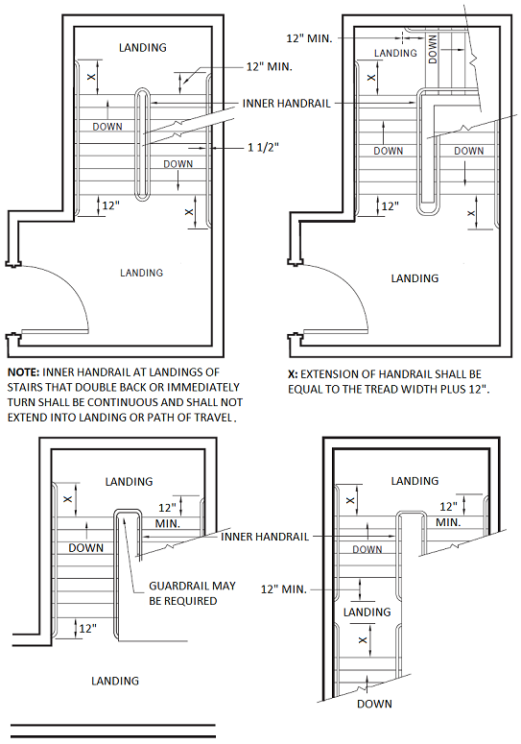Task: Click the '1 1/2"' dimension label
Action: point(263,148)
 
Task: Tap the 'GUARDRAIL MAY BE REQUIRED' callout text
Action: point(193,593)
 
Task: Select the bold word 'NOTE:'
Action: point(23,372)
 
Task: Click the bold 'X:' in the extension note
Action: point(293,373)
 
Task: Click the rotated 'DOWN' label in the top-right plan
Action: point(433,49)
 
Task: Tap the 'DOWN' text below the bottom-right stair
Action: point(374,704)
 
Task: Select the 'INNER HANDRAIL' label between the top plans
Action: point(286,104)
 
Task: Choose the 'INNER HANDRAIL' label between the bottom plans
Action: point(265,537)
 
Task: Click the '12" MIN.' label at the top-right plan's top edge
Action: point(309,38)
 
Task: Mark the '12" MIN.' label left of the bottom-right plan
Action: point(284,589)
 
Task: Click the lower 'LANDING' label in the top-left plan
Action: point(141,273)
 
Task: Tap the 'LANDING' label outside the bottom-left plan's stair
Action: point(115,681)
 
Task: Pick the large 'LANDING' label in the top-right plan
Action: point(414,278)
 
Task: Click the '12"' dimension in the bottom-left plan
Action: point(87,628)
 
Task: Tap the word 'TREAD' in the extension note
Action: point(382,389)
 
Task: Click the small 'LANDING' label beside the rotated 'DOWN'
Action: point(395,53)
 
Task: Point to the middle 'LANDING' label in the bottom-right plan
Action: point(367,612)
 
